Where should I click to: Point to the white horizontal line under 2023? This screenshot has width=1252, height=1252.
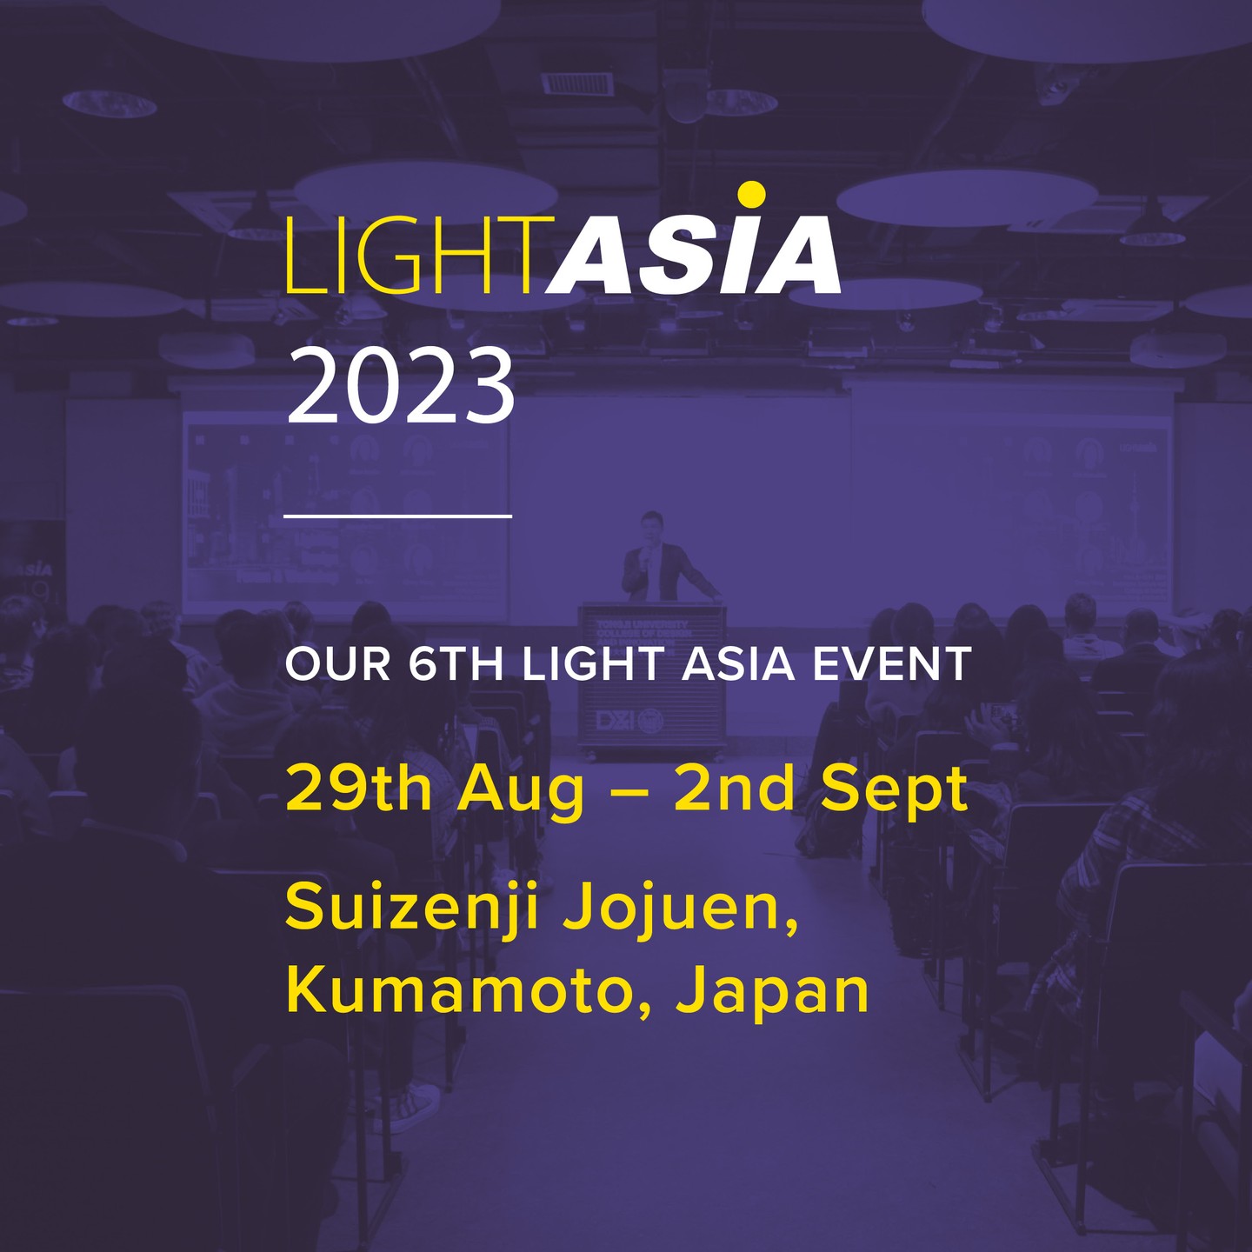tap(397, 516)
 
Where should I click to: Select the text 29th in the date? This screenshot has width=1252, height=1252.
tap(358, 789)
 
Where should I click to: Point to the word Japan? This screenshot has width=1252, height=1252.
tap(772, 993)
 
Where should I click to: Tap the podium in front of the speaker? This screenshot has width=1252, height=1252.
tap(652, 678)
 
